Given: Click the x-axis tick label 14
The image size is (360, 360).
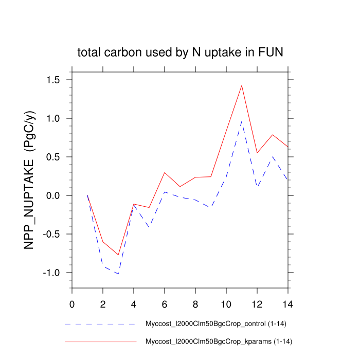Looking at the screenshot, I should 288,303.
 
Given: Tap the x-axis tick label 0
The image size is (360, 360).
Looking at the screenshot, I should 72,303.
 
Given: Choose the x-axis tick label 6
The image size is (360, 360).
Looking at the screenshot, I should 165,303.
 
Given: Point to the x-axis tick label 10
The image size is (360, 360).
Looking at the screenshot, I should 226,303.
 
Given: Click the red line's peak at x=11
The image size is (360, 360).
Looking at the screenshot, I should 242,85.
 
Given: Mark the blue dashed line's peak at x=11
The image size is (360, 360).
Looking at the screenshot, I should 242,121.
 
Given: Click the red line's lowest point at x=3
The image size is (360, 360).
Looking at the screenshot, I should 118,255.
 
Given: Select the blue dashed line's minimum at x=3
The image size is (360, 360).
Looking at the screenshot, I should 118,274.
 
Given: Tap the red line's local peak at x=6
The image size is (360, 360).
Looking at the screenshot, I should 165,172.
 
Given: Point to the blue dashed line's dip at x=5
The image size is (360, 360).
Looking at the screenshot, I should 149,227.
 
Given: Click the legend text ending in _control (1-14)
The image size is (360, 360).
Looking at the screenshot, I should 219,325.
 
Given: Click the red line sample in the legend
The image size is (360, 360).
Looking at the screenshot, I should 101,341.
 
